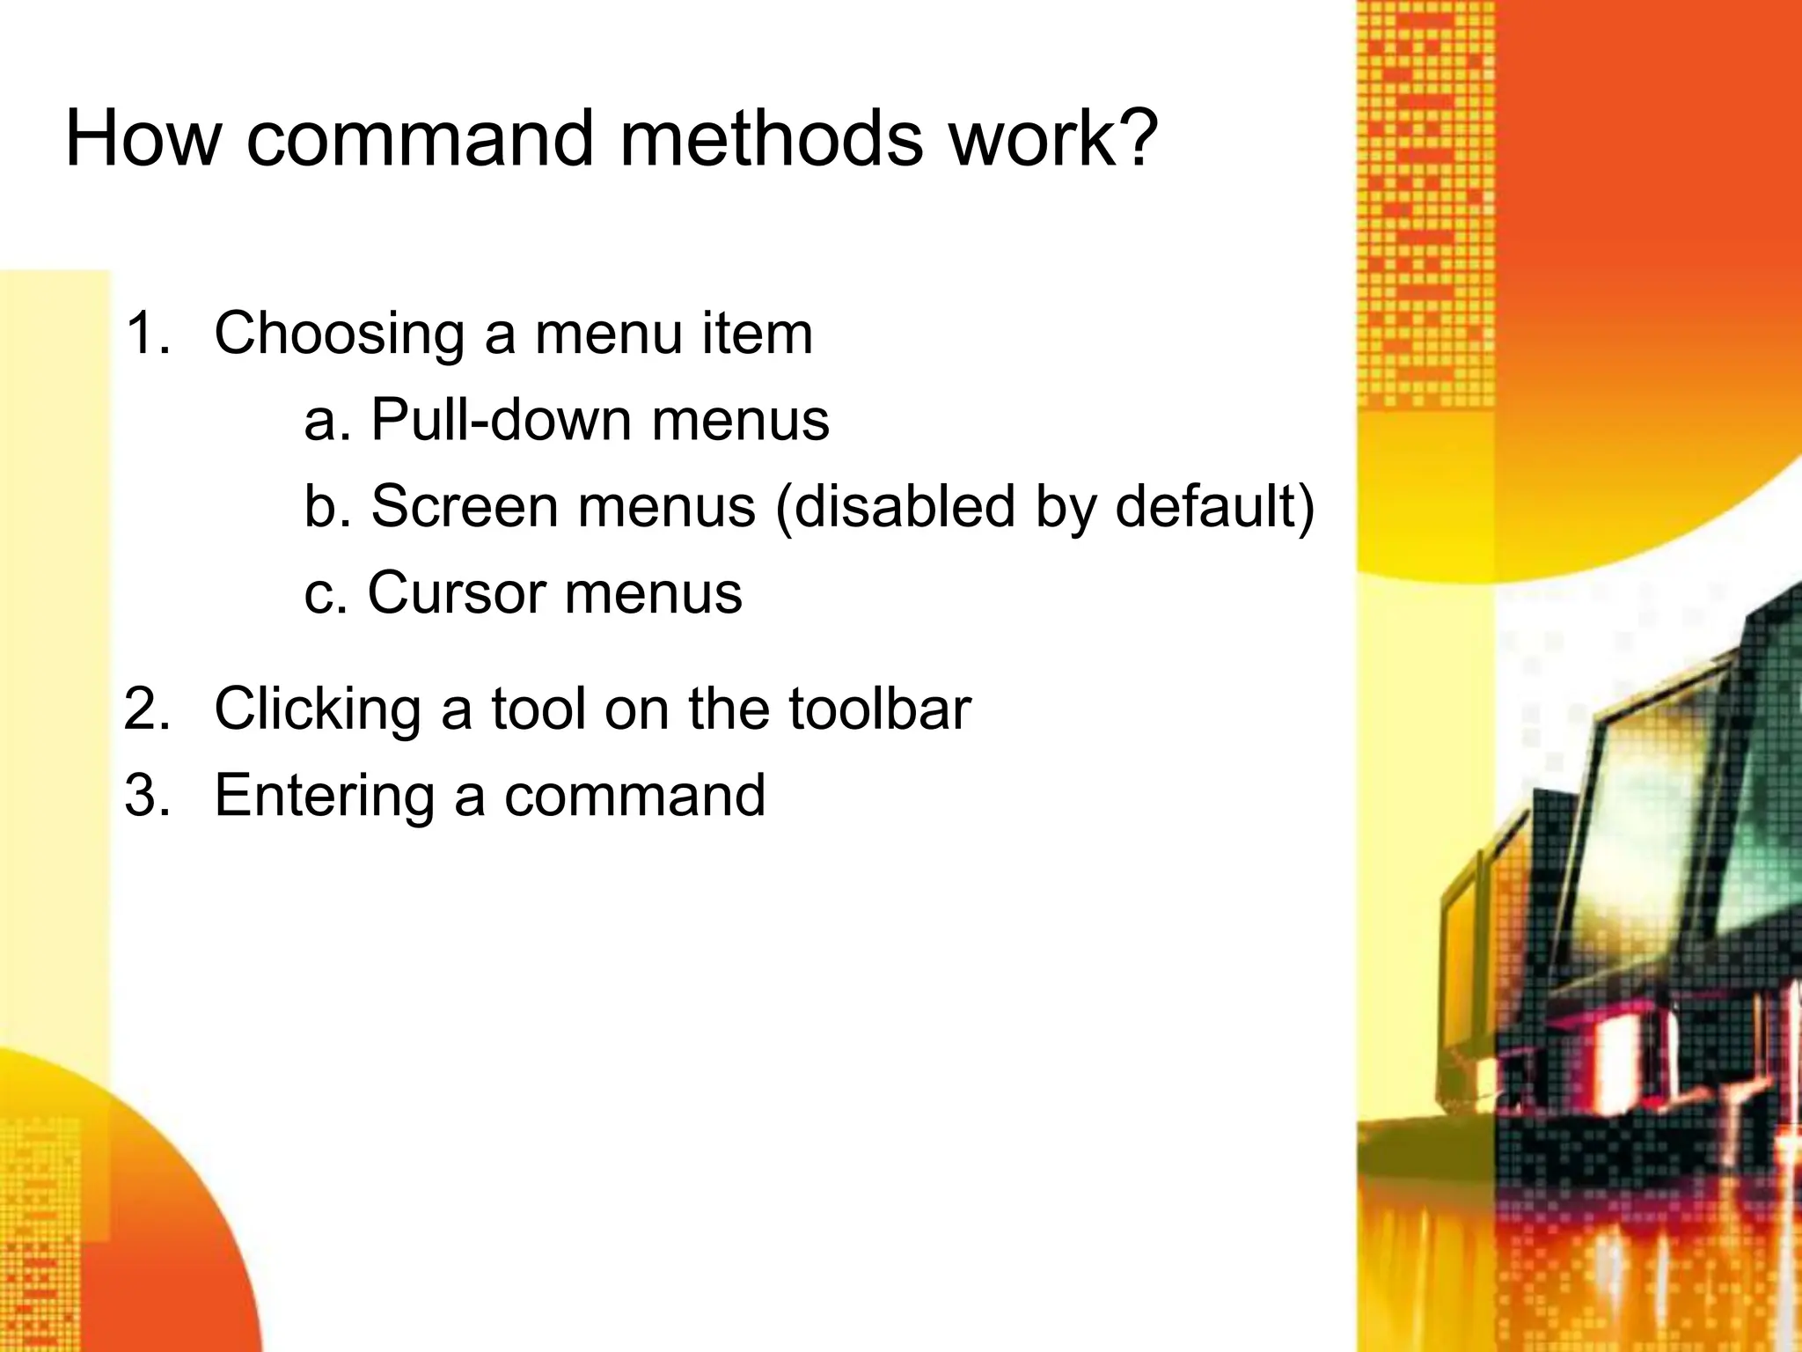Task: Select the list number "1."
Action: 148,334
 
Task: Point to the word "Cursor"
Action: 457,593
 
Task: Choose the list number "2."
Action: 148,709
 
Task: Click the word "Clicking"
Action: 318,709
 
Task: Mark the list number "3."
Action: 148,796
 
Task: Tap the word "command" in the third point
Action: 634,796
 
